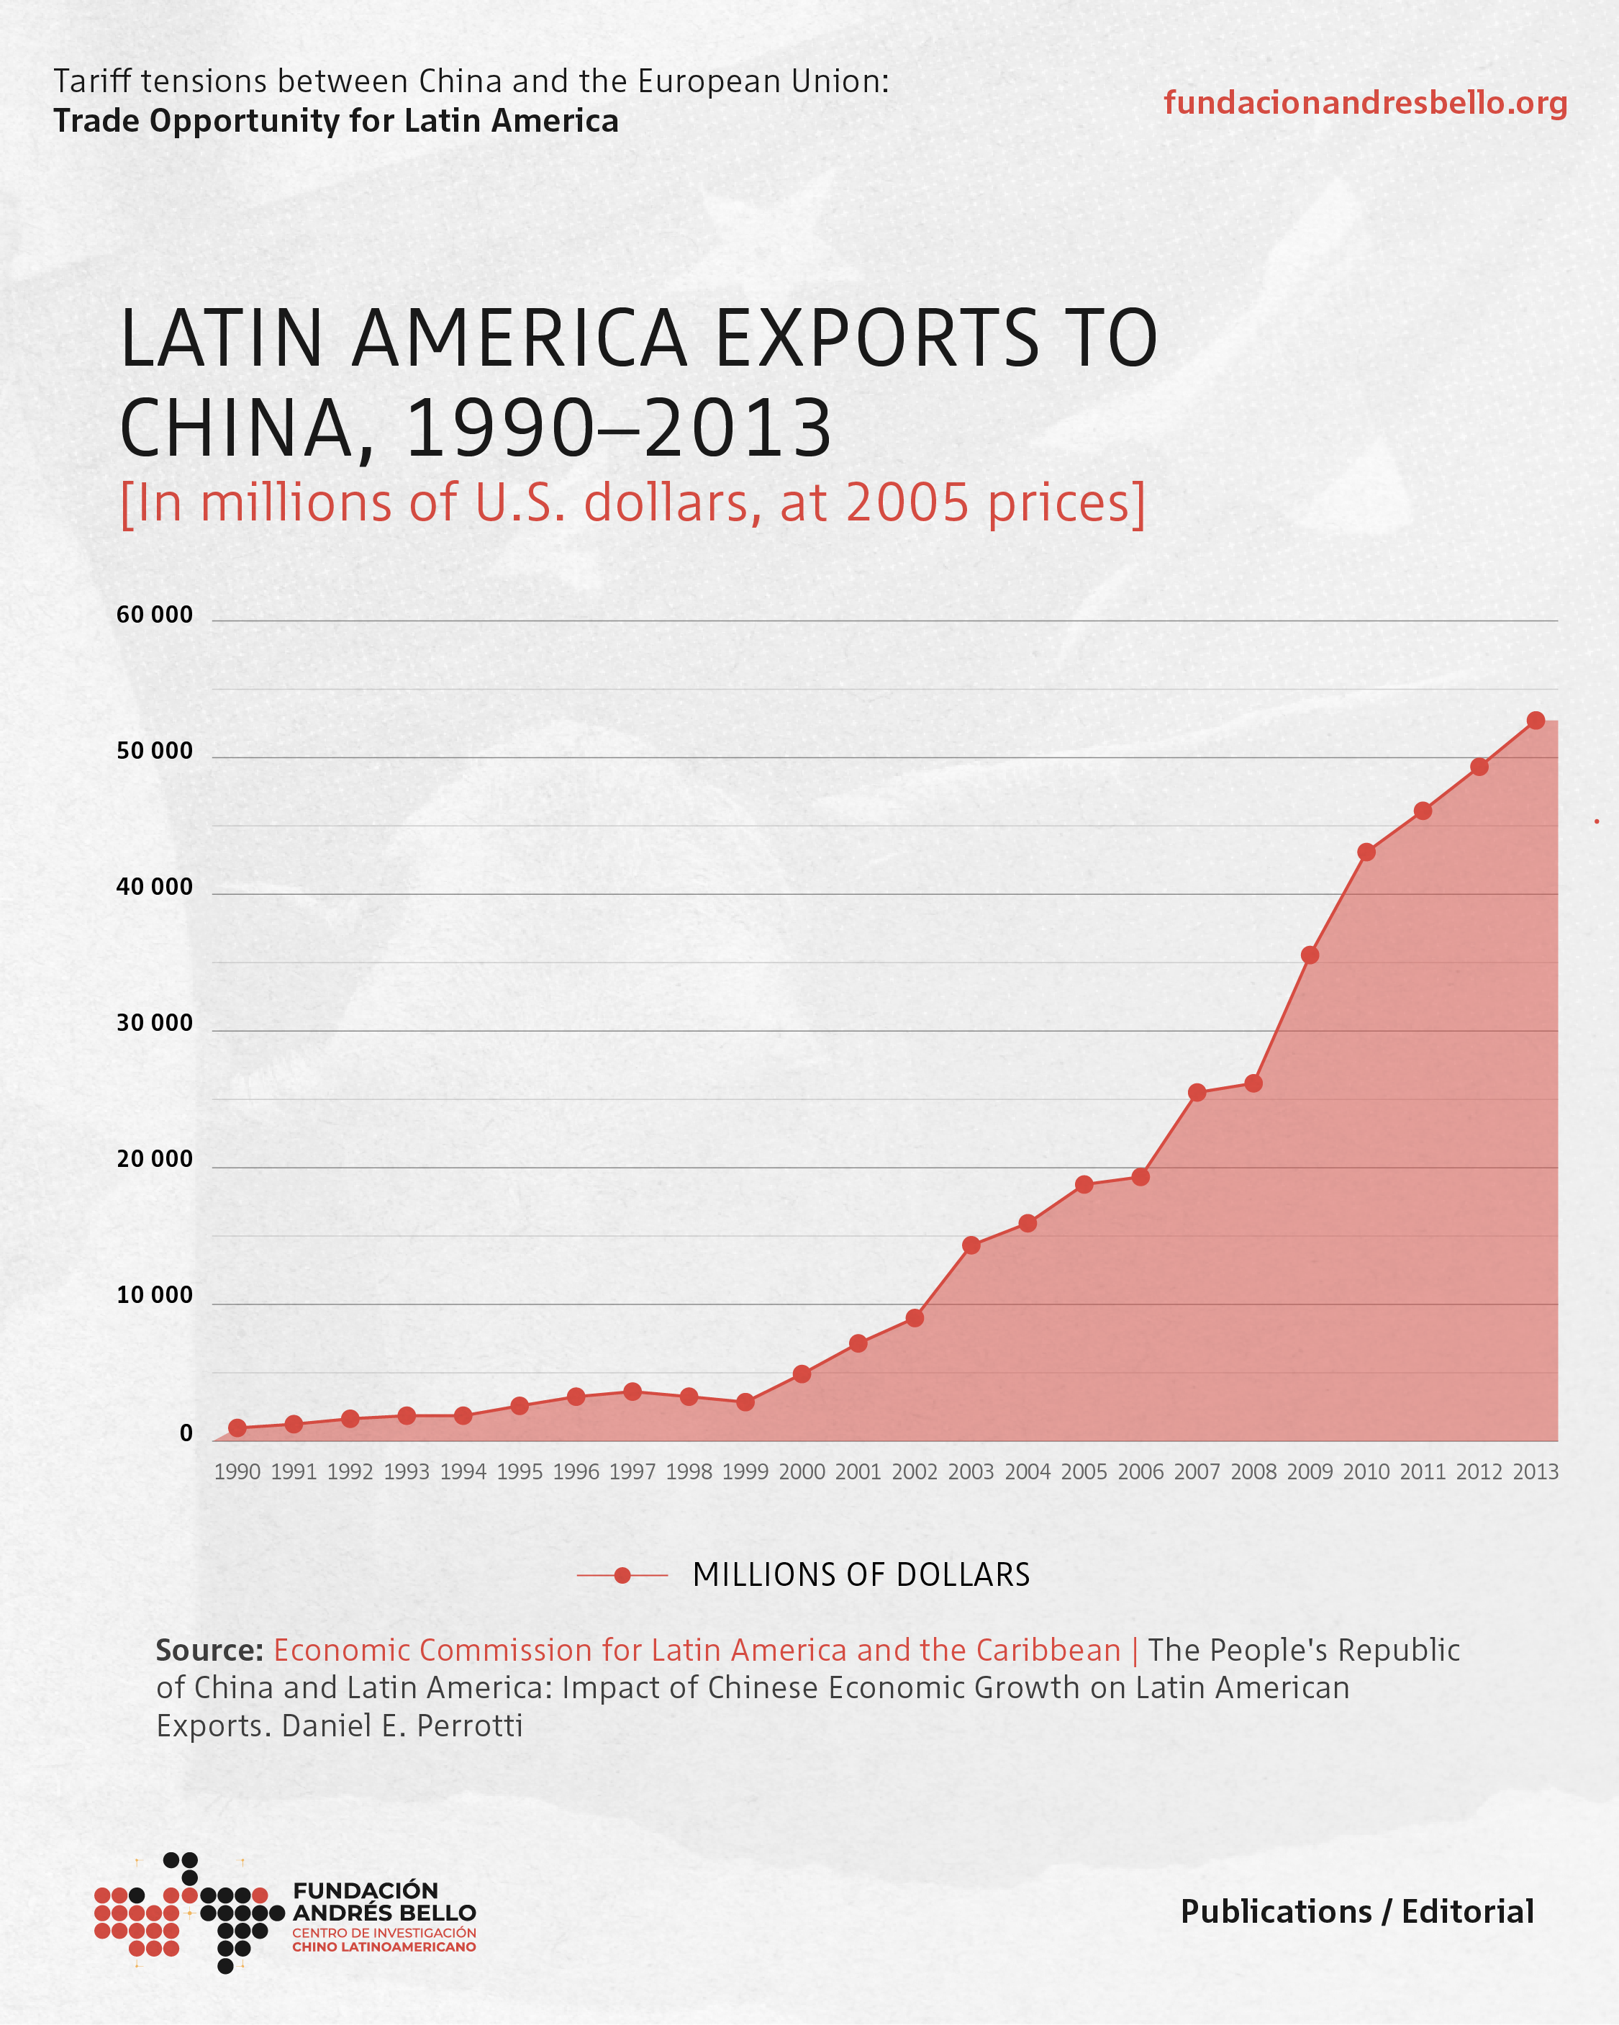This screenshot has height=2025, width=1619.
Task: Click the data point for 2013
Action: [x=1536, y=721]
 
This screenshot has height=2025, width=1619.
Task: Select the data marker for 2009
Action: [x=1309, y=955]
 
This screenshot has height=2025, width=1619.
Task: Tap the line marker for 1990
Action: [x=237, y=1428]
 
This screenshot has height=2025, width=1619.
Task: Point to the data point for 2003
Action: [x=971, y=1245]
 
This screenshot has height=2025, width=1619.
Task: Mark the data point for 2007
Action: [x=1197, y=1092]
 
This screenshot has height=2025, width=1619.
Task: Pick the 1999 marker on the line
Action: [x=745, y=1402]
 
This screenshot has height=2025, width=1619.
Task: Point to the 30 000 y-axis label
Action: [x=154, y=1023]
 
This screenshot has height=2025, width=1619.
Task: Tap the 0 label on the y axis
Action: [x=186, y=1433]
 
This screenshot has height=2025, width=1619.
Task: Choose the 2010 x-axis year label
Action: [x=1366, y=1472]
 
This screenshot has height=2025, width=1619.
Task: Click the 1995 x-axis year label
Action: [x=520, y=1472]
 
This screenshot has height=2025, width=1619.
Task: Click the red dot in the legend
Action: [x=622, y=1575]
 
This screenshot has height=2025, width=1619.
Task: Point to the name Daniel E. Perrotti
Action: [x=402, y=1726]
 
